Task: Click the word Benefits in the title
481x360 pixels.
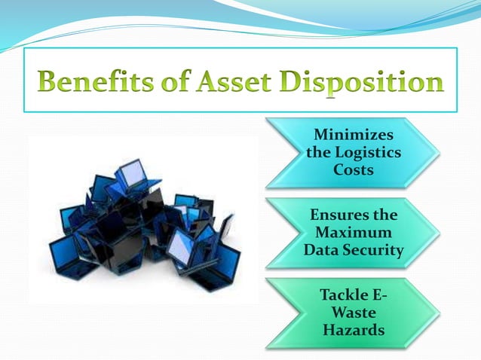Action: coord(89,81)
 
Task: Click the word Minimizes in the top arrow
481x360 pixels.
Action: coord(353,137)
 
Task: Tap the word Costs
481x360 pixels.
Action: coord(353,170)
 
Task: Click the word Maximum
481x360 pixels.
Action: coord(354,233)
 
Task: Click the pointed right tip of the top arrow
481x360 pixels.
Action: coord(438,154)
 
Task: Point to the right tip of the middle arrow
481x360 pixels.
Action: coord(438,233)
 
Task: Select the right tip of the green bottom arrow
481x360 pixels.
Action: coord(438,313)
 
